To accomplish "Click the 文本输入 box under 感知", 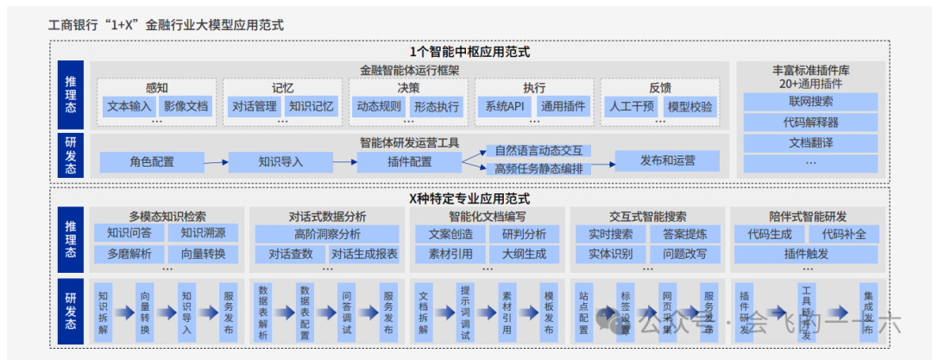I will [129, 107].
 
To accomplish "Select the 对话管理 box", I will [254, 107].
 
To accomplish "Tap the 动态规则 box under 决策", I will [378, 107].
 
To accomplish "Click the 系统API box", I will [504, 107].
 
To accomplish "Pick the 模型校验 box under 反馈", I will [690, 107].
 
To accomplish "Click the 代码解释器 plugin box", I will [810, 123].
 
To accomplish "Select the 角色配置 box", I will [152, 161].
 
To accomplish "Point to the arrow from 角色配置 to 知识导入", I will [217, 161].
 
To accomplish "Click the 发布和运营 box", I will [667, 161].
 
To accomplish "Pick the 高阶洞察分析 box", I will [327, 233].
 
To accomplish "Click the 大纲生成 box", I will [517, 254].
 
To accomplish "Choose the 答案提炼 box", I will [684, 234].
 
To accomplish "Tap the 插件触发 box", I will [806, 254].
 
